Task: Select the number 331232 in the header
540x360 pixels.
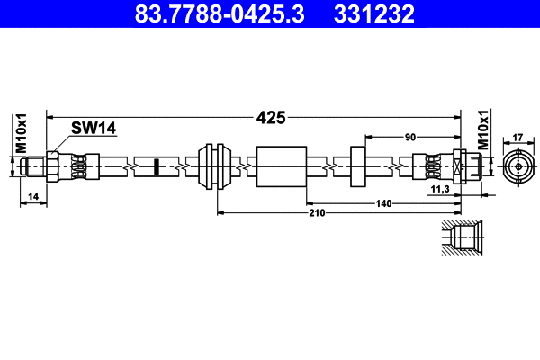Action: [x=374, y=14]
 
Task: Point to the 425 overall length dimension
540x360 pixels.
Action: [x=270, y=117]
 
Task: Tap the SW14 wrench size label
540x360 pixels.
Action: [x=94, y=129]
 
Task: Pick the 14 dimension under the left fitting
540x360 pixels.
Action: [x=33, y=195]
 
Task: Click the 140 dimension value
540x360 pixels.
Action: [x=383, y=204]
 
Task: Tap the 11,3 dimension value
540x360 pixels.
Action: [x=440, y=191]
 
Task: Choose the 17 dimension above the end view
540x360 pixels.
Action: [x=517, y=138]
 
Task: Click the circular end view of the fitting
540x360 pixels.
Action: [x=517, y=166]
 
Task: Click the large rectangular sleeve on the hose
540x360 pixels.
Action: [x=282, y=166]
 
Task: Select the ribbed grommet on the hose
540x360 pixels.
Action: [x=216, y=166]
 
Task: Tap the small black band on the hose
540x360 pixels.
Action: [x=156, y=166]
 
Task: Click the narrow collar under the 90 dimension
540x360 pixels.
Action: [x=356, y=166]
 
